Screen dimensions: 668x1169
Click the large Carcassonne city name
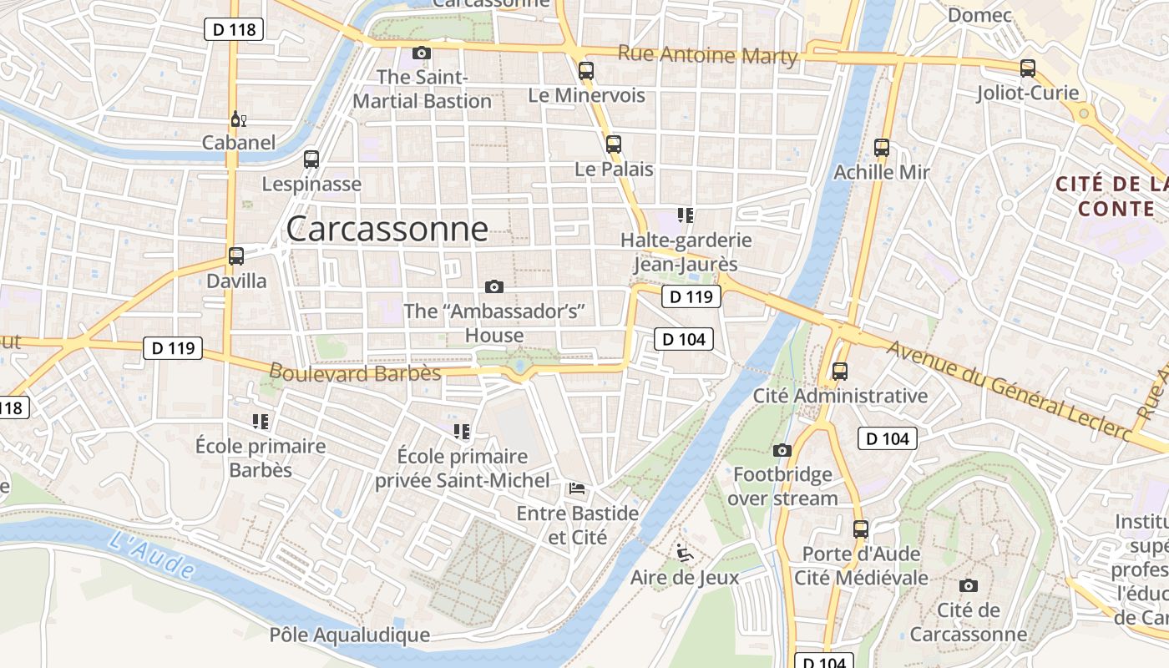point(387,229)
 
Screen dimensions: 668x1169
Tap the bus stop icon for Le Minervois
point(586,71)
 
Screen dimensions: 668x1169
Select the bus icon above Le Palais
point(614,144)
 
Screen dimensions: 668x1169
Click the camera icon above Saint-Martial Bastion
point(422,53)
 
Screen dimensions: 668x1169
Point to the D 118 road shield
point(234,30)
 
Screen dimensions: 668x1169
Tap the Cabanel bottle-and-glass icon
point(238,119)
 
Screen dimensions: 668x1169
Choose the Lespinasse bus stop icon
point(311,159)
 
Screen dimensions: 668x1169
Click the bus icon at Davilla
point(236,256)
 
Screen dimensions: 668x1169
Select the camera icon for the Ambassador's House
point(494,287)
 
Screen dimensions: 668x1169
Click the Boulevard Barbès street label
point(355,372)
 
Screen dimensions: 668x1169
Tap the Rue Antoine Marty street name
point(707,55)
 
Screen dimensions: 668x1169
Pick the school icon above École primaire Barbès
point(260,422)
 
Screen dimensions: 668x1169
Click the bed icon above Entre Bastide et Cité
point(577,488)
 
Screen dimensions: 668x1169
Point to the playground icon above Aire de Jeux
point(684,552)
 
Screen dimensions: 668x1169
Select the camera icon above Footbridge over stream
point(782,451)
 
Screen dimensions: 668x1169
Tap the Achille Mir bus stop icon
point(882,148)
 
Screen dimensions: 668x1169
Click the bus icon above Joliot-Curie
point(1028,68)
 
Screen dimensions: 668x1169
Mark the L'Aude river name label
point(152,552)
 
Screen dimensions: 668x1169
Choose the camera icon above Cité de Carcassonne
point(969,585)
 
